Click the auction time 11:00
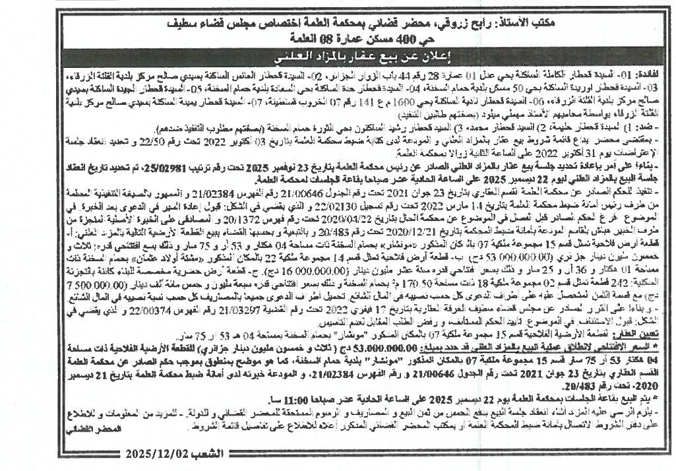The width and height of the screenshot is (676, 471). click(x=278, y=400)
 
